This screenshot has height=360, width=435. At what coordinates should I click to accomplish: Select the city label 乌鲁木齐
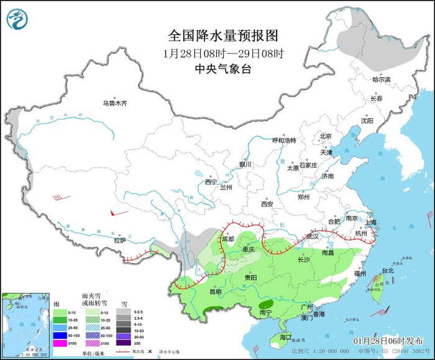115,103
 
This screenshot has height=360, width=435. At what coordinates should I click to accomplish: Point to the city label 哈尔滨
381,80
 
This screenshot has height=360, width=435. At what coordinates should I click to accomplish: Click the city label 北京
326,136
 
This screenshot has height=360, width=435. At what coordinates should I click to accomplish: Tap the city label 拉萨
120,240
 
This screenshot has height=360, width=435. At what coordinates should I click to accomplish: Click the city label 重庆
249,250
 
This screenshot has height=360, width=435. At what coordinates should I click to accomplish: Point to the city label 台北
387,270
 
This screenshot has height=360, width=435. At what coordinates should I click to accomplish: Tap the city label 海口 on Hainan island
285,336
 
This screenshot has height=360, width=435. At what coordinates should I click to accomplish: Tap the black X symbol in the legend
151,351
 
